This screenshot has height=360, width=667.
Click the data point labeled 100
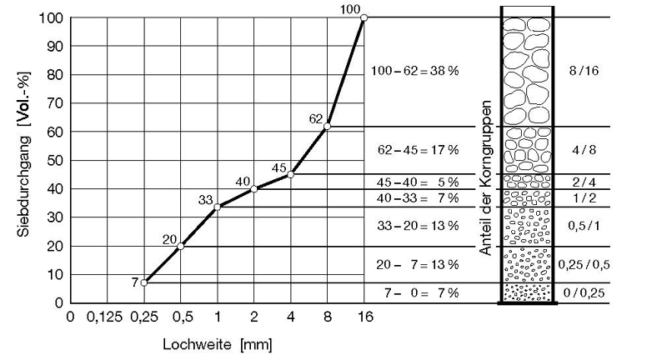(364, 17)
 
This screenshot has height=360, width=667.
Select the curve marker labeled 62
(327, 127)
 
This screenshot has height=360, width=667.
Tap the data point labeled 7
(144, 282)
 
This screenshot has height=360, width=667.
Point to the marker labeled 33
(217, 207)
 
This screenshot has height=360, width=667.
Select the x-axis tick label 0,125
(107, 317)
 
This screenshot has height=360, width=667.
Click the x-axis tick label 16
(364, 317)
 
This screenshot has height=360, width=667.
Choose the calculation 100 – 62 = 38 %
(414, 72)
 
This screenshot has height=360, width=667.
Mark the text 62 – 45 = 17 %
(414, 151)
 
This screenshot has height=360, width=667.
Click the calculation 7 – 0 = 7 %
(414, 293)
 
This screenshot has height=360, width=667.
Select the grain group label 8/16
(581, 72)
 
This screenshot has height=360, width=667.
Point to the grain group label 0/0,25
(581, 293)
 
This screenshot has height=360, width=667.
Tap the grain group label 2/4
(581, 182)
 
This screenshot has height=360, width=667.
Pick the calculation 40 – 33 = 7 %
(414, 198)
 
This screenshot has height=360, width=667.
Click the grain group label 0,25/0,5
(581, 265)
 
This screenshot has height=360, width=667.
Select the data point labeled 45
(290, 175)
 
